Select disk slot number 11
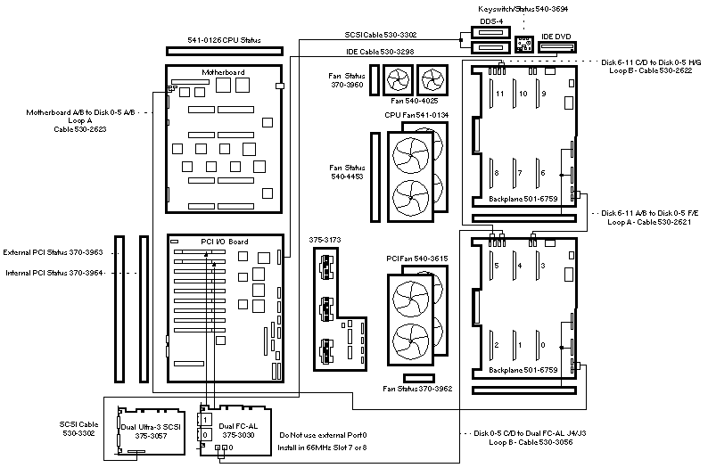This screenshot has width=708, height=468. [500, 94]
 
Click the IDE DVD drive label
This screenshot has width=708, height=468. [557, 36]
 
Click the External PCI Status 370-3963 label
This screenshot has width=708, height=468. [54, 252]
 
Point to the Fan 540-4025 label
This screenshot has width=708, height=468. [416, 101]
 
